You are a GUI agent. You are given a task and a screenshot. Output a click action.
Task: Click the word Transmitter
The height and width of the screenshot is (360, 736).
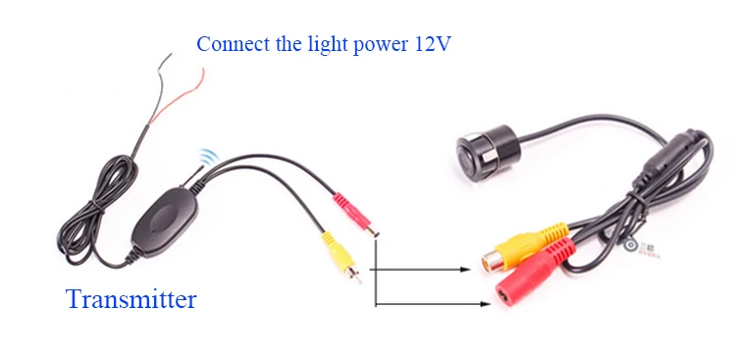(131, 299)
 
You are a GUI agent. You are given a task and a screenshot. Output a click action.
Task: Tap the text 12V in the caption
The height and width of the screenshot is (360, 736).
(433, 44)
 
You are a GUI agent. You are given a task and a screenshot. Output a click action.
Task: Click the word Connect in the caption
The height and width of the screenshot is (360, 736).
(233, 44)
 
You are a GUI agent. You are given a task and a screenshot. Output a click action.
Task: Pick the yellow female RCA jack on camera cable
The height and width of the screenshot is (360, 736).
(524, 247)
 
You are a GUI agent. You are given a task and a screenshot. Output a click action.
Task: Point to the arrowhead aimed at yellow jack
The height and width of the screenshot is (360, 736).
(465, 270)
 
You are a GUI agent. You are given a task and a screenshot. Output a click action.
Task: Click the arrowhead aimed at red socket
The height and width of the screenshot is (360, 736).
(485, 304)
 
